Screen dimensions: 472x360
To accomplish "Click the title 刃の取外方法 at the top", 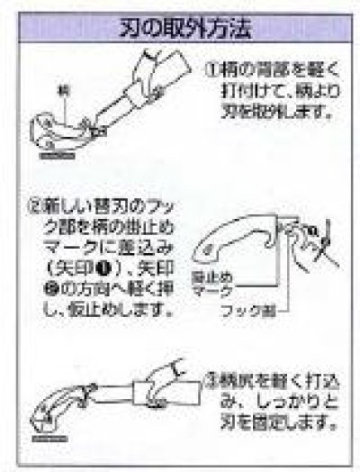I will (x=184, y=27).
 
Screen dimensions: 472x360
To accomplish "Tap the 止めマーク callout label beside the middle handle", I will (x=208, y=279).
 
